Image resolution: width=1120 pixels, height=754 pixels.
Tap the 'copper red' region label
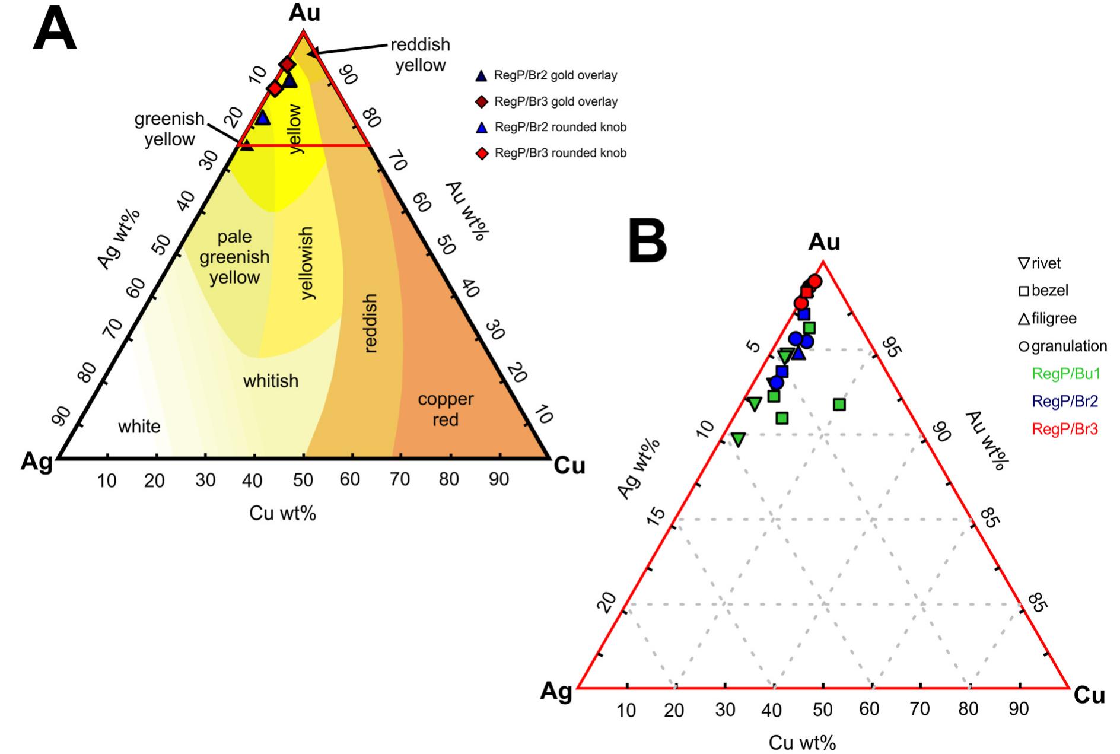pyautogui.click(x=446, y=409)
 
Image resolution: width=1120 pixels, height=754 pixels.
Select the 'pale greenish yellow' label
pyautogui.click(x=234, y=257)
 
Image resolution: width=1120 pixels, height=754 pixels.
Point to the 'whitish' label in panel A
pyautogui.click(x=271, y=381)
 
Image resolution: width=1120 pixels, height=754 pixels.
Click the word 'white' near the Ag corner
pyautogui.click(x=139, y=427)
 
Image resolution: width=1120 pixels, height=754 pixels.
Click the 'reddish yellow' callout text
pyautogui.click(x=420, y=55)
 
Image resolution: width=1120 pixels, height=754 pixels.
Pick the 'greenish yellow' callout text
pyautogui.click(x=170, y=129)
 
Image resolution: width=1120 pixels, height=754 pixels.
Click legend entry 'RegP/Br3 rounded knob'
pyautogui.click(x=560, y=153)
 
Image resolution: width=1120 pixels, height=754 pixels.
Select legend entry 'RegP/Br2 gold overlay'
pyautogui.click(x=555, y=75)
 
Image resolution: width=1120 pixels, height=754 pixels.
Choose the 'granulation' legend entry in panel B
pyautogui.click(x=1068, y=346)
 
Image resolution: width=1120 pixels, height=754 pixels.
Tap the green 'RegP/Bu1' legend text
pyautogui.click(x=1066, y=374)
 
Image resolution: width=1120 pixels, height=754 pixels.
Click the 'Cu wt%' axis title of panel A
pyautogui.click(x=282, y=513)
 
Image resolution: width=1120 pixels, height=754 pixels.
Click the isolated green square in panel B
pyautogui.click(x=839, y=405)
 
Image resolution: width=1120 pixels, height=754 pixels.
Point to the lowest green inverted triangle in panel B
pyautogui.click(x=738, y=439)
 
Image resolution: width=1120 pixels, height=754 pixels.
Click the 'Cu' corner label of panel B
pyautogui.click(x=1089, y=695)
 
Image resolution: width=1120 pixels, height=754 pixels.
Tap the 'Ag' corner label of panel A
pyautogui.click(x=36, y=462)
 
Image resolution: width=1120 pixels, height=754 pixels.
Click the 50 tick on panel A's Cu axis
pyautogui.click(x=303, y=479)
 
